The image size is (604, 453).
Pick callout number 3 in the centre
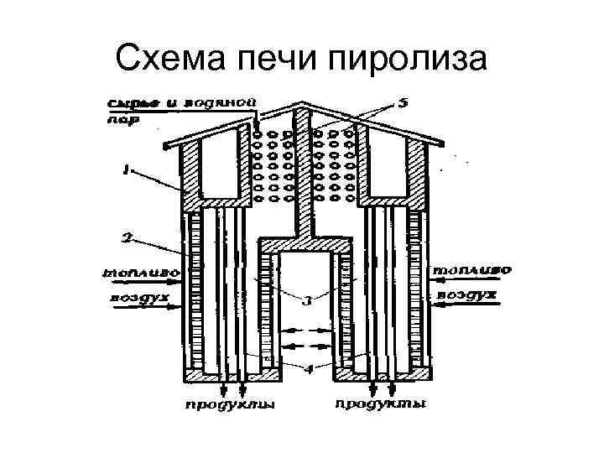pos(307,299)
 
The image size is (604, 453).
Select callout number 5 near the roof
pos(402,104)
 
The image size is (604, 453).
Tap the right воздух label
pos(470,295)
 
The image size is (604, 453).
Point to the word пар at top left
pos(117,120)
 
